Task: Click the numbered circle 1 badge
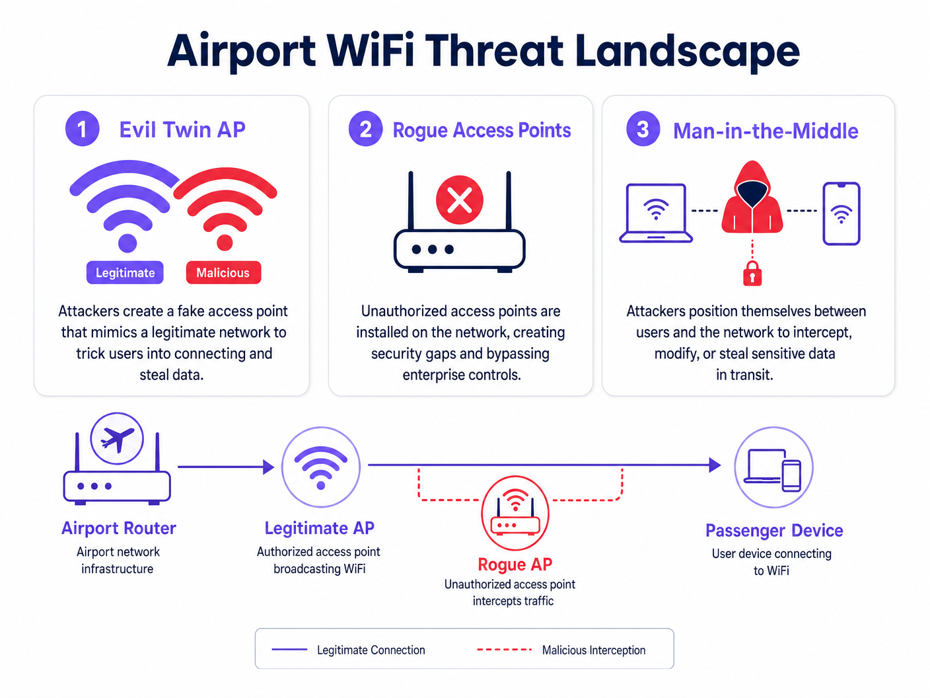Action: pyautogui.click(x=82, y=128)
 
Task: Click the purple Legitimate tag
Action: pyautogui.click(x=125, y=272)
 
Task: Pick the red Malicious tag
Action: pyautogui.click(x=223, y=272)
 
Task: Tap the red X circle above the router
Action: pyautogui.click(x=460, y=200)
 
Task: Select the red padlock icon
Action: pyautogui.click(x=752, y=273)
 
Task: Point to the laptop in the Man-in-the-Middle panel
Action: pyautogui.click(x=656, y=213)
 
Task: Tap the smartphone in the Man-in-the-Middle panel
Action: pyautogui.click(x=841, y=213)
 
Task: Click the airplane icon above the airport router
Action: pyautogui.click(x=117, y=439)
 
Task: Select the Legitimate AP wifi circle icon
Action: pyautogui.click(x=321, y=467)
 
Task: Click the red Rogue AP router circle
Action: pyautogui.click(x=515, y=513)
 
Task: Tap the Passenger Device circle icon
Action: pyautogui.click(x=773, y=467)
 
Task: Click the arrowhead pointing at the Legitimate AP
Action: pyautogui.click(x=268, y=467)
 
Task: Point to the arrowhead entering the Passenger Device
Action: pyautogui.click(x=715, y=465)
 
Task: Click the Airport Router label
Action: pyautogui.click(x=119, y=528)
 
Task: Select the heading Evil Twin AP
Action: pyautogui.click(x=182, y=130)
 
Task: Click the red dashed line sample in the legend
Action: pyautogui.click(x=504, y=650)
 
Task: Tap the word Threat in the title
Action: pyautogui.click(x=495, y=52)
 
